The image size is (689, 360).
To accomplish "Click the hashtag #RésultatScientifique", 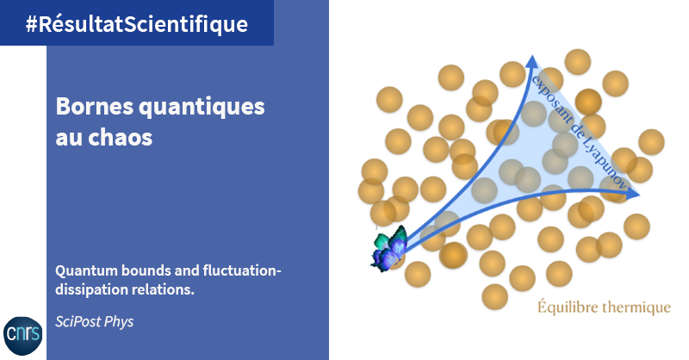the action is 137,24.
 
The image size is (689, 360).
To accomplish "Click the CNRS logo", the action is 23,335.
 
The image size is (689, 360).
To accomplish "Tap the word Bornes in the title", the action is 95,107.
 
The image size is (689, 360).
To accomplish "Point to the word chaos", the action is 120,137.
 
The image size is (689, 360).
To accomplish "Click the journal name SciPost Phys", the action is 95,322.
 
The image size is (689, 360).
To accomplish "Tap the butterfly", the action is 389,249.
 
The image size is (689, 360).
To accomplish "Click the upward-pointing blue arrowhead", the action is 532,61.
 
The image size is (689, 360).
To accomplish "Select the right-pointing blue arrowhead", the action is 633,194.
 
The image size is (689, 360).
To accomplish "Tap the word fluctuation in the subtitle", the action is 242,270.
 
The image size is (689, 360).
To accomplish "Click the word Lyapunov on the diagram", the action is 605,164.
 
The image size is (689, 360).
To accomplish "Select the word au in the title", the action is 69,138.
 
